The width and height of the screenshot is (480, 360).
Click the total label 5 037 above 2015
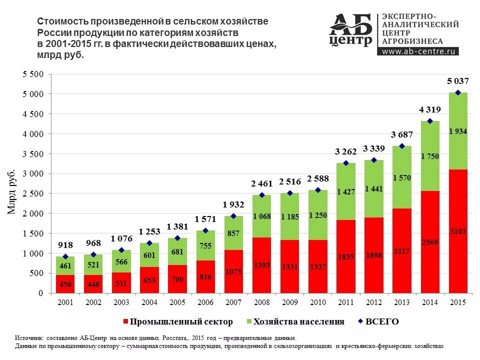click(458, 81)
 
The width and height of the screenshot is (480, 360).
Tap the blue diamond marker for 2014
click(430, 121)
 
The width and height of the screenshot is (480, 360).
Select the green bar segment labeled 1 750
click(430, 156)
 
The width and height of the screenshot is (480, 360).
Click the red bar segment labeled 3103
click(458, 231)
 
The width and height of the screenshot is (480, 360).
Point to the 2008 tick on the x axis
click(261, 303)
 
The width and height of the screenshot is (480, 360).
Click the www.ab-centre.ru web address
click(420, 51)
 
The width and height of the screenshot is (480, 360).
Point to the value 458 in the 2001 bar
click(65, 284)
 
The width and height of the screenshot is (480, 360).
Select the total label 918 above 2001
click(65, 245)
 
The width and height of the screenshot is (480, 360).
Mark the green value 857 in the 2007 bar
click(233, 233)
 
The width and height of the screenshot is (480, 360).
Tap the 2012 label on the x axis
click(373, 303)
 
